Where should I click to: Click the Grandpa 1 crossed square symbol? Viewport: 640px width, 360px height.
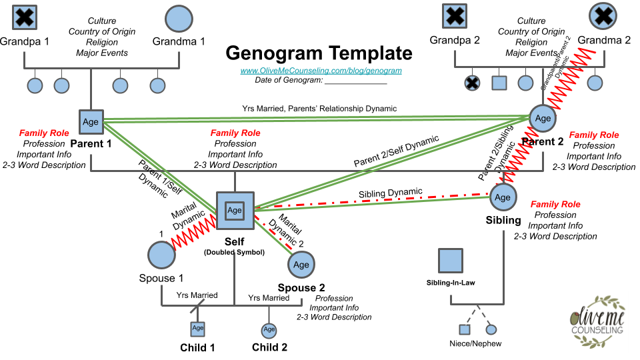tap(24, 18)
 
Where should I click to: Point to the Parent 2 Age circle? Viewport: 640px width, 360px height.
tap(543, 118)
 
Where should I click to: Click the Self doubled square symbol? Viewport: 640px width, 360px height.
tap(235, 210)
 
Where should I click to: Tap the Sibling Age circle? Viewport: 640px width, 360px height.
tap(503, 197)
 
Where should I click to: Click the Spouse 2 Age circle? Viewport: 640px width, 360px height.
tap(301, 265)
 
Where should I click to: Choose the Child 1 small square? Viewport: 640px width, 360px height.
tap(198, 328)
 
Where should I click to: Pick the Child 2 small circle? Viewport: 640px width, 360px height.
tap(269, 329)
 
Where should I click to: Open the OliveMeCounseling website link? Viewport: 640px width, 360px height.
tap(321, 69)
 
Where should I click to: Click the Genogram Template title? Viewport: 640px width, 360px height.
tap(319, 53)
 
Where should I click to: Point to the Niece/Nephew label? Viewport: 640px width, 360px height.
tap(475, 344)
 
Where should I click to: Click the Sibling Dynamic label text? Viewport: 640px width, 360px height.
tap(391, 193)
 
